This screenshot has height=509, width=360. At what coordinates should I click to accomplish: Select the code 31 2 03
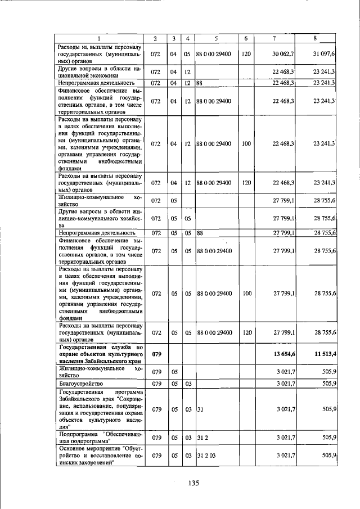(206, 456)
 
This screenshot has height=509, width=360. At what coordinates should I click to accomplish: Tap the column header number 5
(215, 38)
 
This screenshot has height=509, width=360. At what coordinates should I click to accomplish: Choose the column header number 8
(315, 38)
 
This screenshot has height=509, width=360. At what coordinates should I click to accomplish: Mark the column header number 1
(99, 38)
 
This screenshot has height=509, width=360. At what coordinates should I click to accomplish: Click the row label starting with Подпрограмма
(99, 437)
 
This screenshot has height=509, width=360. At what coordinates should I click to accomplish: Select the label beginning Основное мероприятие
(99, 456)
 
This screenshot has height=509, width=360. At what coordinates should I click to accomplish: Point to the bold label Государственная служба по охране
(99, 355)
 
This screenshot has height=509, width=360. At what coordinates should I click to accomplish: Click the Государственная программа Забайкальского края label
(99, 408)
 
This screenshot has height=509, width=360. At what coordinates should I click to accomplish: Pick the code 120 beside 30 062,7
(246, 54)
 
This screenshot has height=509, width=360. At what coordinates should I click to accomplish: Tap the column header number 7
(274, 38)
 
